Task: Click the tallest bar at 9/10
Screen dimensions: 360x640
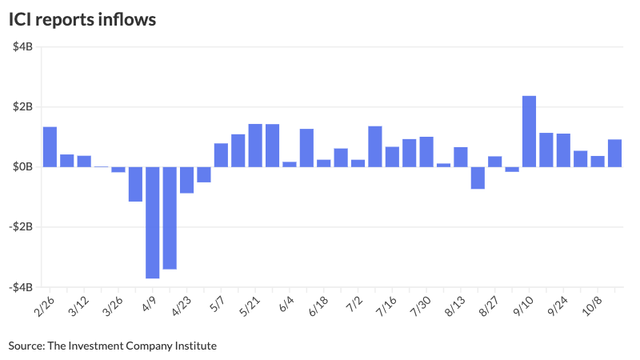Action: point(529,131)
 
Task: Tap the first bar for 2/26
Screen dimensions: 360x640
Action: point(50,146)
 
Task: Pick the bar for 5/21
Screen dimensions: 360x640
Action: point(255,146)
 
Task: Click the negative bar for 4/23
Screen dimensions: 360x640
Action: point(186,180)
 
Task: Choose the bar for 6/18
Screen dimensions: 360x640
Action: point(323,163)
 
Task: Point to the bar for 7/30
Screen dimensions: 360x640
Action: point(426,152)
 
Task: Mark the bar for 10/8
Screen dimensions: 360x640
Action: point(598,162)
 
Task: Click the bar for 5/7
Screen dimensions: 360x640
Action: point(221,155)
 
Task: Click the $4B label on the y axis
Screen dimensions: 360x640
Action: point(22,46)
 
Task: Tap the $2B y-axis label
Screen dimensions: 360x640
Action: point(22,106)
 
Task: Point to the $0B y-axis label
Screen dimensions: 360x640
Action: point(22,166)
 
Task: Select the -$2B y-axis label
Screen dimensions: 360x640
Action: point(20,226)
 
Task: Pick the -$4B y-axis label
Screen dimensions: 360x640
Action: point(20,286)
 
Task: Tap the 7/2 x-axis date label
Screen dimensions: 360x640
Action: point(353,306)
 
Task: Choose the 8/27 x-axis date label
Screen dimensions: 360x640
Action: point(489,307)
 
